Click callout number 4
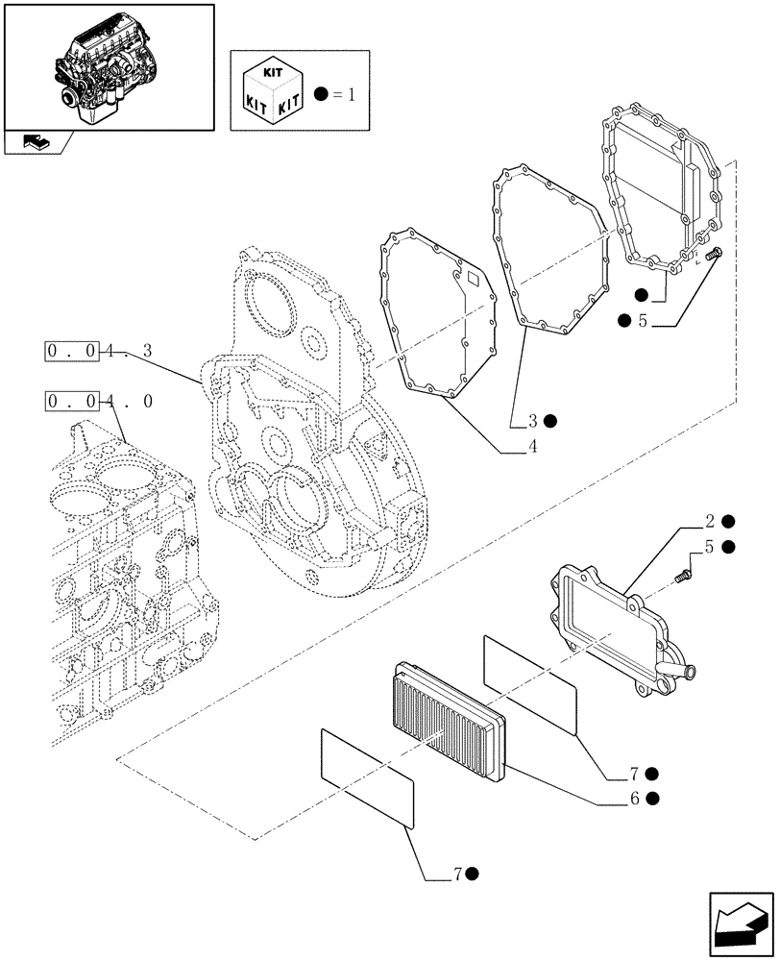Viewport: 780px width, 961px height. [532, 447]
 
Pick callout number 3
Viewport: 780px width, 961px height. [532, 420]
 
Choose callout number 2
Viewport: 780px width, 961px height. [710, 522]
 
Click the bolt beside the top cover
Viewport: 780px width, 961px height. [713, 255]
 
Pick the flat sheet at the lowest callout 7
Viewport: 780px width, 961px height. [366, 776]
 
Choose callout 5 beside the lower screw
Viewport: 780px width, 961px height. [708, 548]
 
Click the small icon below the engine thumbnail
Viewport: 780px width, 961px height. [36, 142]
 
